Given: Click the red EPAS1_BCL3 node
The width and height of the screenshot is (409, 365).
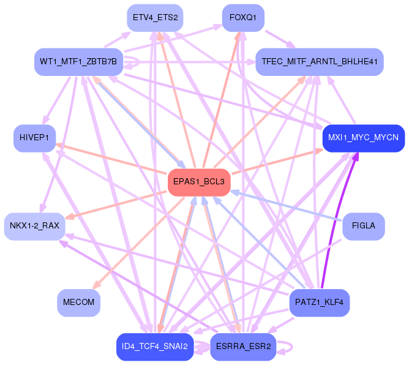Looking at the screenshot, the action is (199, 182).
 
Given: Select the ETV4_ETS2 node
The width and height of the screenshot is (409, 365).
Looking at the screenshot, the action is (155, 18).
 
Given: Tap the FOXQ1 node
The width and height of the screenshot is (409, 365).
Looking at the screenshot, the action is (243, 18).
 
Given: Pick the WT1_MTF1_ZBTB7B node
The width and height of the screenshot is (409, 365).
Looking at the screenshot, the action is (78, 62).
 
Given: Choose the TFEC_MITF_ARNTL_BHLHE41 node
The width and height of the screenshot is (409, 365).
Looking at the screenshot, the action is (320, 62).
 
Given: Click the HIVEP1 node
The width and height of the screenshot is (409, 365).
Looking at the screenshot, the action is (34, 138).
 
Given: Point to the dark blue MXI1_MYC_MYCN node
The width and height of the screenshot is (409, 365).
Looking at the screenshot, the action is (364, 138).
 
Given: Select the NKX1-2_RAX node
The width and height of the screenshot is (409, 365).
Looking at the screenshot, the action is (34, 226).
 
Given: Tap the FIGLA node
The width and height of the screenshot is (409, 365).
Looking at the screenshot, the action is (364, 226).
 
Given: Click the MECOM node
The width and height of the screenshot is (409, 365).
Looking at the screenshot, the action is (78, 303).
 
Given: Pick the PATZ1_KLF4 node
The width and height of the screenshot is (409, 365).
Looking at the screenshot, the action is (320, 303).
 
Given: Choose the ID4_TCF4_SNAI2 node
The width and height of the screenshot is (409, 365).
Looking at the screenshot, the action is (155, 347).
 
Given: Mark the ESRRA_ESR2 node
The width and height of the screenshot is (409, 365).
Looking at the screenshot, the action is (243, 347).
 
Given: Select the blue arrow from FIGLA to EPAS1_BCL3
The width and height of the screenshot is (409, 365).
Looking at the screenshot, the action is (286, 206).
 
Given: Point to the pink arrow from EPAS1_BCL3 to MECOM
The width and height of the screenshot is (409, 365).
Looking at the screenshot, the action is (139, 243).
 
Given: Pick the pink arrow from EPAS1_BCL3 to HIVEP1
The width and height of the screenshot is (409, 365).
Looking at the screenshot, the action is (111, 159).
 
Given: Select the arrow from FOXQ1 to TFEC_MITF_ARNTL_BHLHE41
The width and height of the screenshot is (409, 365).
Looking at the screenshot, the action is (280, 39).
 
